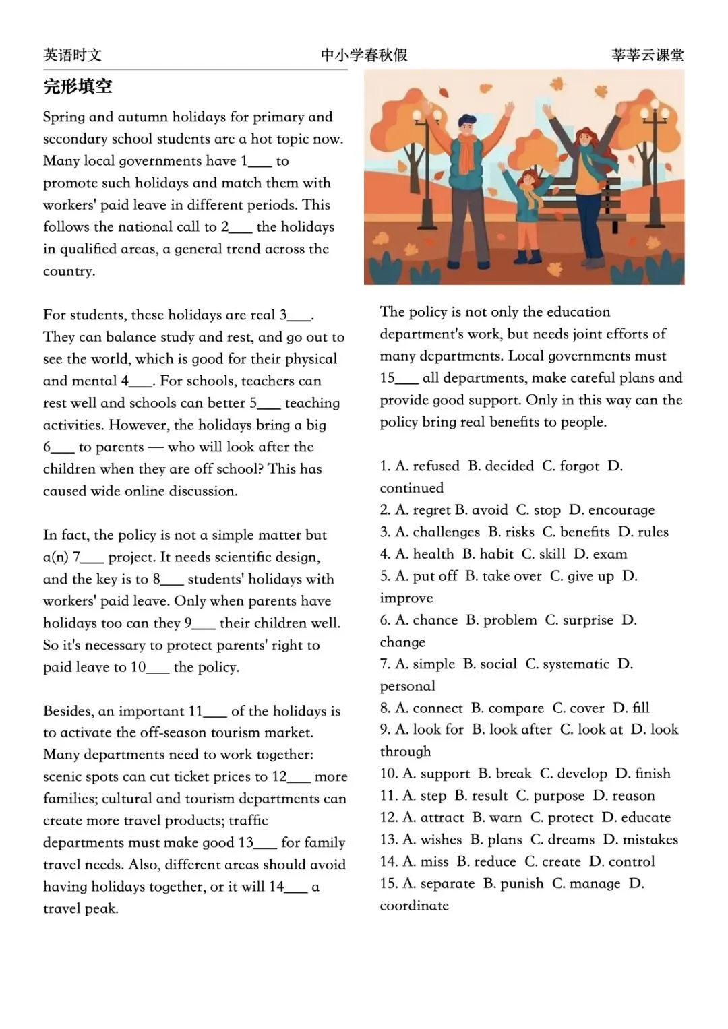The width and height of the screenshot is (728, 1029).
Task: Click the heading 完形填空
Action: point(78,87)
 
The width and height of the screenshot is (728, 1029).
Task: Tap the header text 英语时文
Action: point(72,55)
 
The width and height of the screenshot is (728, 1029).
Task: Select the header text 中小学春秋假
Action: point(364,55)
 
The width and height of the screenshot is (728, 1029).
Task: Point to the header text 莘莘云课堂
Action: point(647,55)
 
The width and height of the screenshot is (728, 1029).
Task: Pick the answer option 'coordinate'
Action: point(414,906)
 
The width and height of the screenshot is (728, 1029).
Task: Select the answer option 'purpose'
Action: point(559,796)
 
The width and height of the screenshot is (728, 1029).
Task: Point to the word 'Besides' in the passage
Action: point(67,712)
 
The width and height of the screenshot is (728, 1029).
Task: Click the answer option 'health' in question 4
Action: point(433,554)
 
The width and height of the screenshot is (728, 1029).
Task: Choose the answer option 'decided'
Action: point(509,466)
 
